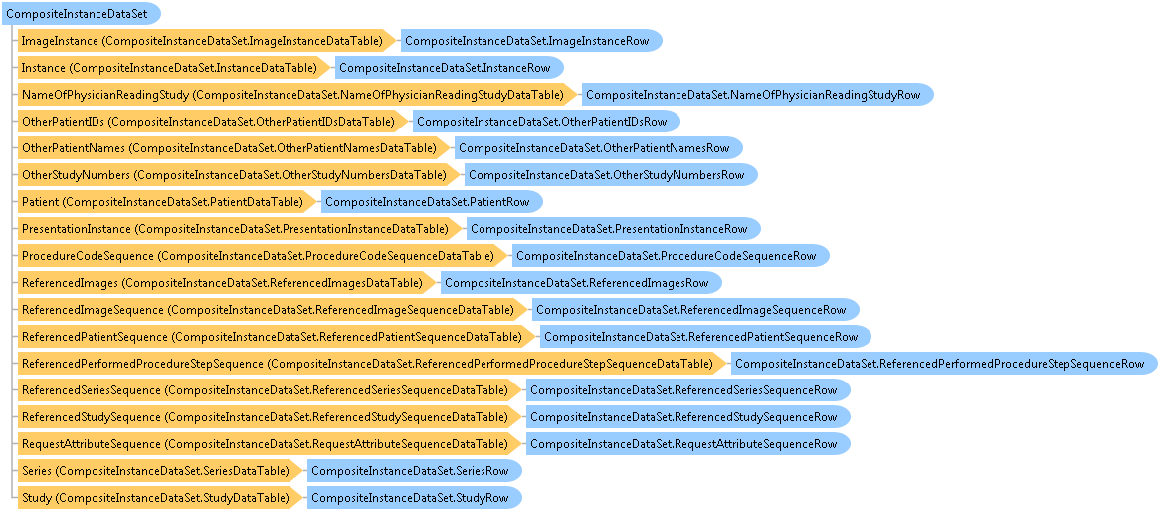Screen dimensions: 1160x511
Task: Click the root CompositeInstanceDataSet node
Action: tap(82, 14)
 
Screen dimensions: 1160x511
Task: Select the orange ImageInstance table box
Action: tap(208, 41)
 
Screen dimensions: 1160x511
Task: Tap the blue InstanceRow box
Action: tap(449, 68)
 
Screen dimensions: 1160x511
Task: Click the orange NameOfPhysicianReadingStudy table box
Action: tap(298, 94)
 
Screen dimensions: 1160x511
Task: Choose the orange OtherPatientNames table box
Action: tap(235, 148)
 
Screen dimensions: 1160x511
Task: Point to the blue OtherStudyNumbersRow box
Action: tap(610, 174)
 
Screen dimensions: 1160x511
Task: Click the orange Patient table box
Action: tap(168, 201)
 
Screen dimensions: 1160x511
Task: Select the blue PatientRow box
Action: tap(432, 201)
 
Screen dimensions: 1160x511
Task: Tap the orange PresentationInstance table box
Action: tap(241, 228)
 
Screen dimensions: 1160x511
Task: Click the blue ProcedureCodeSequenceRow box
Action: tap(671, 255)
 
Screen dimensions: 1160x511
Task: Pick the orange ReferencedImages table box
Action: tap(228, 282)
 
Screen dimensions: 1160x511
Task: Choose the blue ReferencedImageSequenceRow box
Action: tap(694, 309)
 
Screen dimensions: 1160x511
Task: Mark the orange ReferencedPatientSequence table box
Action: tap(278, 337)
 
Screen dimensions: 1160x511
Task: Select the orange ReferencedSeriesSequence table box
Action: tap(270, 389)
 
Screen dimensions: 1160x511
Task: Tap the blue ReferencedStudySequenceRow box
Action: tap(687, 416)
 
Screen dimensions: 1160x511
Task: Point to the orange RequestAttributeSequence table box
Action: tap(270, 443)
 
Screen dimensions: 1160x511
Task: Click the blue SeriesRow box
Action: tap(414, 470)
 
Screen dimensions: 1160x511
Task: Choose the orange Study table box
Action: tap(160, 497)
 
